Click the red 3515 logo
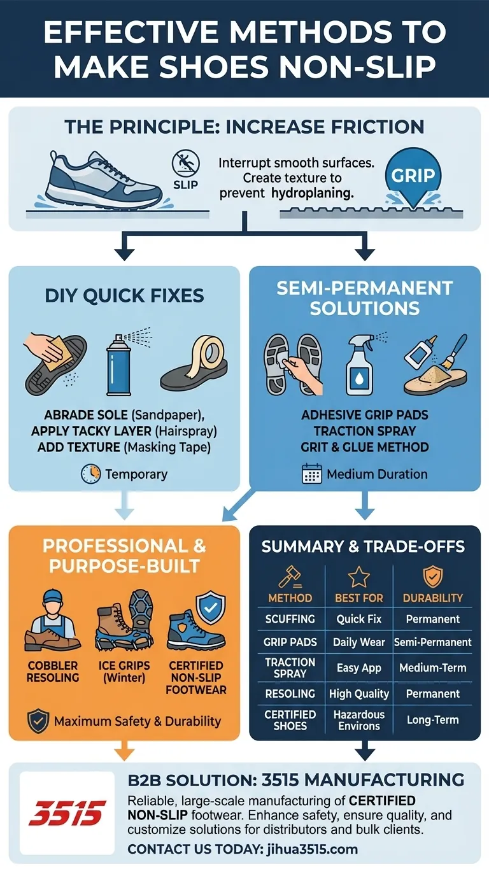click(x=67, y=813)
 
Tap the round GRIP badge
click(x=413, y=175)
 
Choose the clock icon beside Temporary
click(x=90, y=474)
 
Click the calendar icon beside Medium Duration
click(x=312, y=474)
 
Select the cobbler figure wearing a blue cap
click(x=53, y=621)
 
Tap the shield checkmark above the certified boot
click(x=211, y=607)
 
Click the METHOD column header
click(x=290, y=598)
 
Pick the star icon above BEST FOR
click(x=358, y=577)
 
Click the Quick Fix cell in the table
click(x=358, y=619)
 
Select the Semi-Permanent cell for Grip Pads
click(x=433, y=642)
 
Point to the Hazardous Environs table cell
click(x=358, y=720)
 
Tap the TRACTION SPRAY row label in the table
click(x=290, y=668)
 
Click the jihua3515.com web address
click(x=312, y=849)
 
